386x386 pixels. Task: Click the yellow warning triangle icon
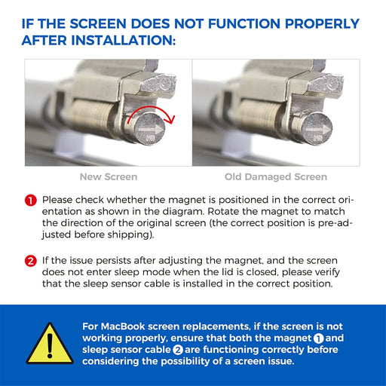50,345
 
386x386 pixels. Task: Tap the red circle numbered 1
31,201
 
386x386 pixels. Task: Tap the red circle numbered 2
31,261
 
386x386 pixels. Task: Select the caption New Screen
109,177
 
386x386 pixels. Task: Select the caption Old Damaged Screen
276,177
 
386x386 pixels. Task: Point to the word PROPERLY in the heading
322,24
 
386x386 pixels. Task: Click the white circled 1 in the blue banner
318,339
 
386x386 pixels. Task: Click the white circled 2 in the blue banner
178,350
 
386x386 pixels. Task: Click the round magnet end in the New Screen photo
149,129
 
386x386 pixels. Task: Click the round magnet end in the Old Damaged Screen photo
317,129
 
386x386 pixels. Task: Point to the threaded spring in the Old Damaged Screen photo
259,116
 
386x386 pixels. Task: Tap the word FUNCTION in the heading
244,24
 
